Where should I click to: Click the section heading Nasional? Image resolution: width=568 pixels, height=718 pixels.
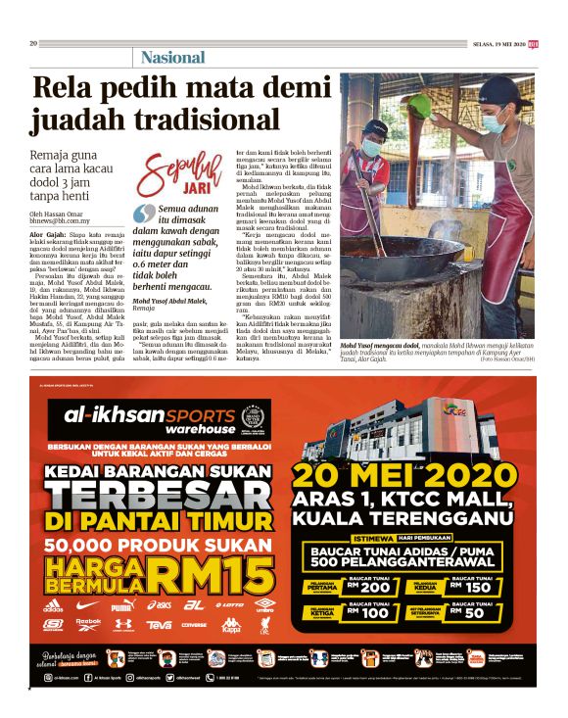click(172, 57)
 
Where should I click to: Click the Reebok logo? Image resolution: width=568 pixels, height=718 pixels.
click(87, 624)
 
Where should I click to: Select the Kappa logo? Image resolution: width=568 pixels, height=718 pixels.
click(231, 624)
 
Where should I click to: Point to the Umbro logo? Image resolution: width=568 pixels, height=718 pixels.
click(264, 605)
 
